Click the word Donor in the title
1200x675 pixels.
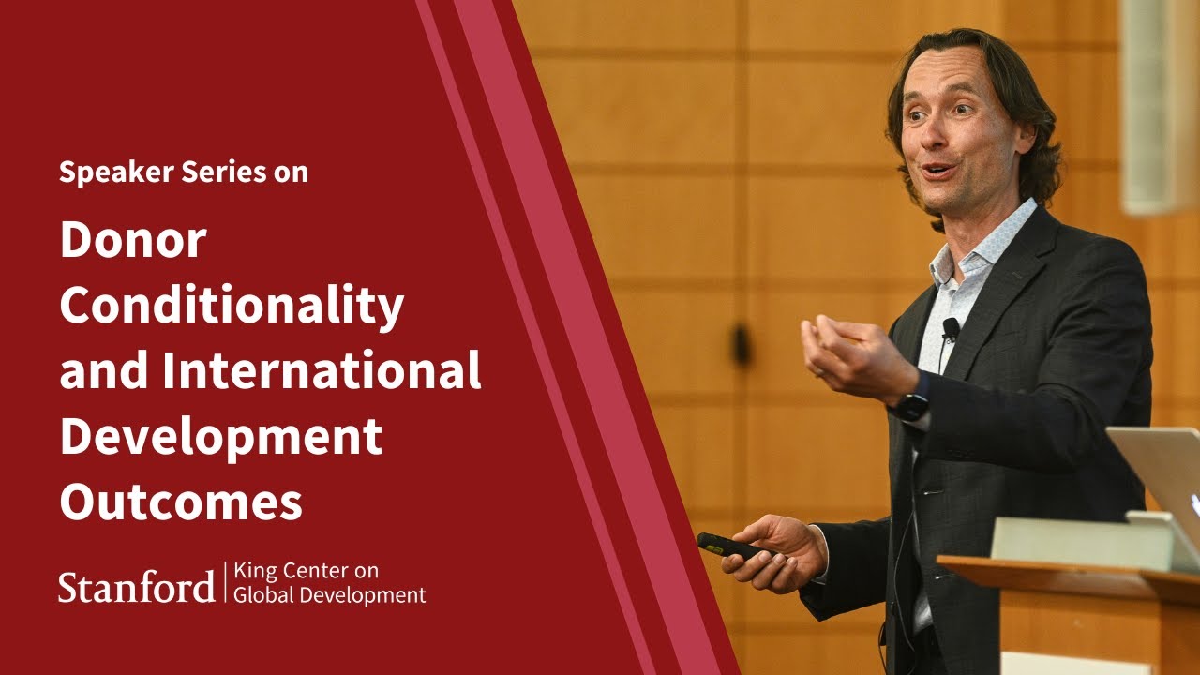(132, 241)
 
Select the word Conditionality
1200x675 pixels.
(232, 307)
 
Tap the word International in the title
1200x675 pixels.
(322, 370)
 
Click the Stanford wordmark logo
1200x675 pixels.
(137, 586)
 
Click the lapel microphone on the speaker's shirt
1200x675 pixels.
(951, 328)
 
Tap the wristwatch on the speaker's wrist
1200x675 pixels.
(910, 406)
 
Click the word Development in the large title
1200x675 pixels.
(220, 436)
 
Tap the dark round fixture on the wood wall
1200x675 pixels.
(742, 345)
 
